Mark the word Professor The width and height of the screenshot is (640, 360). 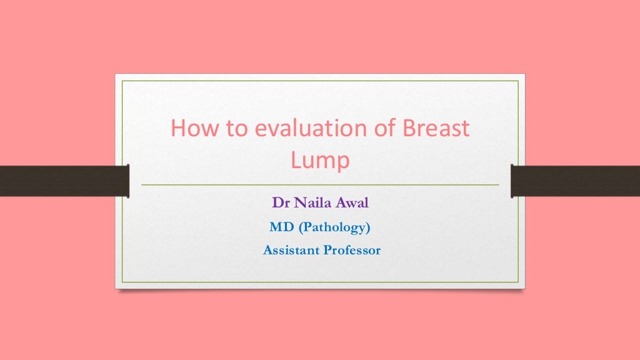351,250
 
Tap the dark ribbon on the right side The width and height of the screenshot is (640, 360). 576,181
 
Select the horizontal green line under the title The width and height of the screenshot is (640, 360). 320,185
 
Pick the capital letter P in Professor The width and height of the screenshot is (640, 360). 326,250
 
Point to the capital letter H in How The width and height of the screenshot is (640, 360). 178,129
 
